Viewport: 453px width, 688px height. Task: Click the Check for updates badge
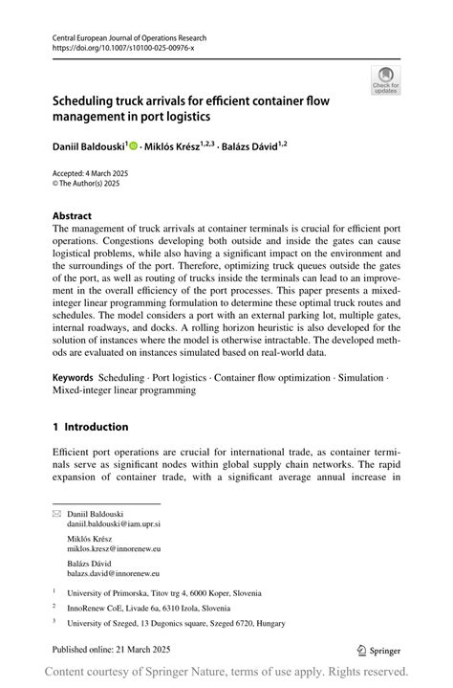385,78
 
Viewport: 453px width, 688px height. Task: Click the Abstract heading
73,216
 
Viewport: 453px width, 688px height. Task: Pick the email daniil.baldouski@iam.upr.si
113,525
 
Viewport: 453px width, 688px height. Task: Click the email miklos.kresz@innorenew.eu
113,549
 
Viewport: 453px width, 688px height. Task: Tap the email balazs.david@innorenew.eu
113,573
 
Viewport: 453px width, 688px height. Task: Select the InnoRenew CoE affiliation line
148,608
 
